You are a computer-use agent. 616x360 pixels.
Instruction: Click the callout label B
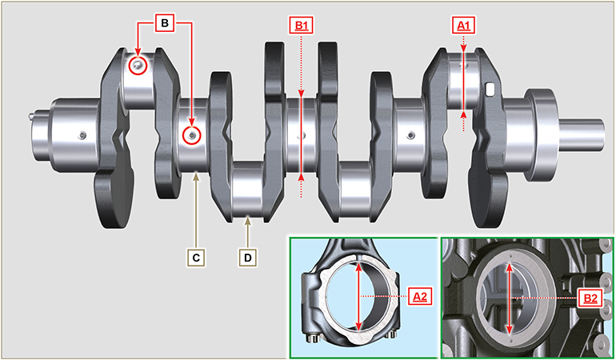(164, 24)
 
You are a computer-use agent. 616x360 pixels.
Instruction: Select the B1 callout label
(301, 26)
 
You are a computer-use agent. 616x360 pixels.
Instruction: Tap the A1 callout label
(465, 26)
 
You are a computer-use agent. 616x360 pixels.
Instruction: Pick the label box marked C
(196, 258)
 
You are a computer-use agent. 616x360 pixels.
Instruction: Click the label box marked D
(249, 258)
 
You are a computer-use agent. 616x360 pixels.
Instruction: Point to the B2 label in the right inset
(590, 298)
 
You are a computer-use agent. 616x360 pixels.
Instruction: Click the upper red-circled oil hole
(139, 66)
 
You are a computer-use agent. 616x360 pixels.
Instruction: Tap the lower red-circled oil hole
(191, 136)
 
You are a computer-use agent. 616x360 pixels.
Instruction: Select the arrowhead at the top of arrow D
(249, 218)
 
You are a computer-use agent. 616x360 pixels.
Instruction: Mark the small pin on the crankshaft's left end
(31, 115)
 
